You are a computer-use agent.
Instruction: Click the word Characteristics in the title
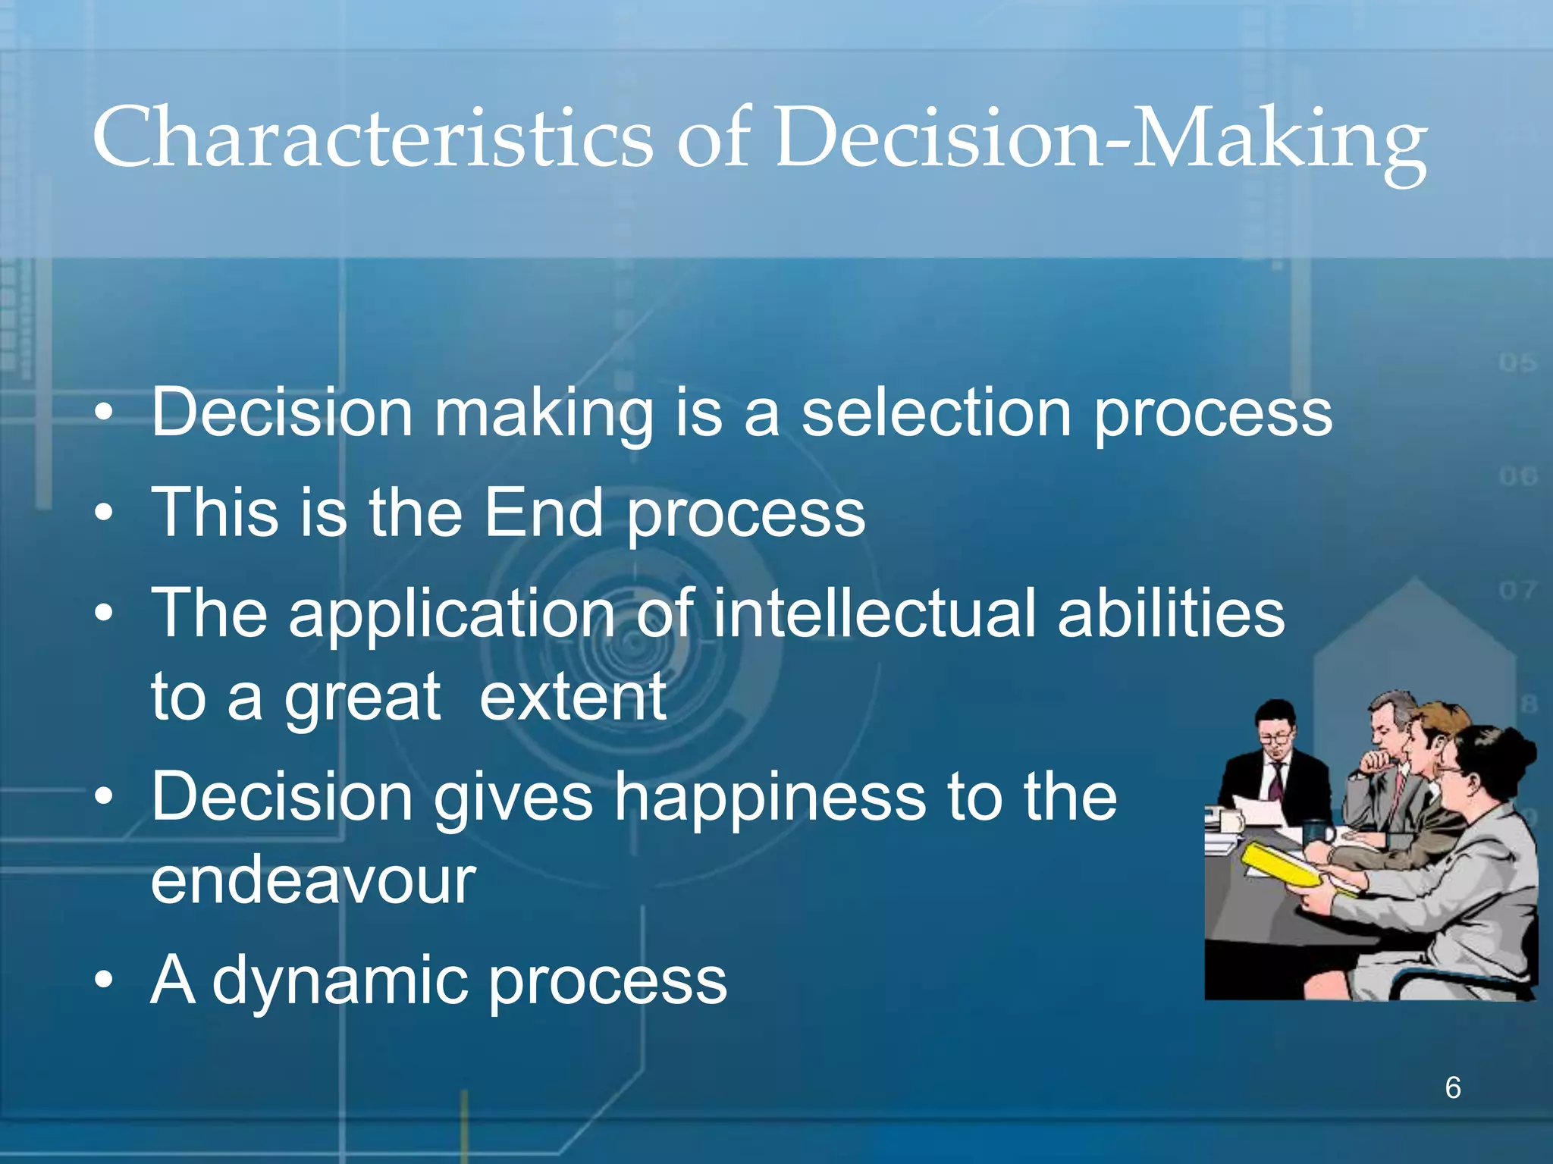click(372, 138)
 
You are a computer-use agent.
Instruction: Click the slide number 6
click(1452, 1087)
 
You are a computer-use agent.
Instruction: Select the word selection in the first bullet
click(937, 413)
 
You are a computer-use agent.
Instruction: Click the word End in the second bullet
click(543, 513)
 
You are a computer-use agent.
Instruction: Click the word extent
click(573, 698)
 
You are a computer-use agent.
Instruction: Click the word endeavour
click(313, 881)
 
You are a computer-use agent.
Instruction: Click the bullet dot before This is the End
click(104, 513)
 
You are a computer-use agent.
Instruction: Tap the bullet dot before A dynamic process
click(104, 980)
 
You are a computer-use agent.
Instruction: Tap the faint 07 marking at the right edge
click(1517, 590)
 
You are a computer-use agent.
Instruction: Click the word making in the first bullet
click(543, 415)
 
